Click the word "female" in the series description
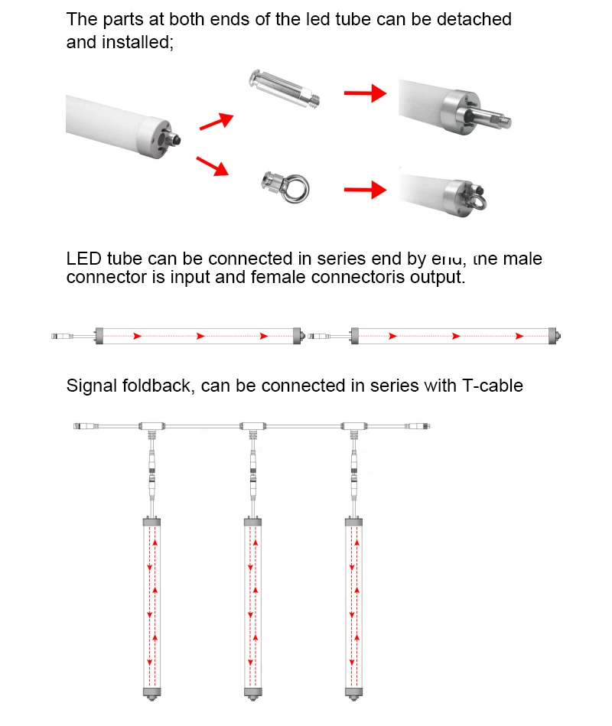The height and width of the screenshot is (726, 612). [279, 277]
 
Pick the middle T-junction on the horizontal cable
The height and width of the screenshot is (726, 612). [252, 425]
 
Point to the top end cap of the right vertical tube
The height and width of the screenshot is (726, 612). [353, 521]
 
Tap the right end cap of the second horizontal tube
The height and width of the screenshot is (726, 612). [555, 335]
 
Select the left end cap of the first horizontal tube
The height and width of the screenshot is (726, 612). [99, 335]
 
